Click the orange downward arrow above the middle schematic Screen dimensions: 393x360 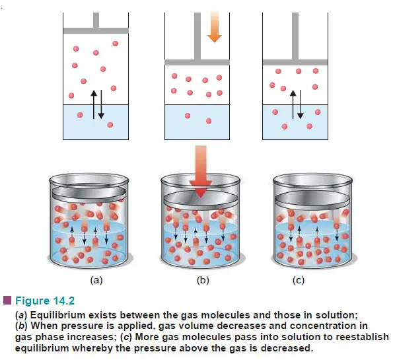214,26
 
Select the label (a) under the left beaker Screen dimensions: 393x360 96,280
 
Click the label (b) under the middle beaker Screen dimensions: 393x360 203,280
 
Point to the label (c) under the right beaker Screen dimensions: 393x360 299,280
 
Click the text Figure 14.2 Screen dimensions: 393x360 45,301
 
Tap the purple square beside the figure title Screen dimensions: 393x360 7,301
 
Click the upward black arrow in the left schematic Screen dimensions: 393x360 94,104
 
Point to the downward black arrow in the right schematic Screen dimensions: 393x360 301,104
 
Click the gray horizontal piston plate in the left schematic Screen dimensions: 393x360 96,30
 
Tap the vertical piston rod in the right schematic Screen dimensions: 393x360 295,36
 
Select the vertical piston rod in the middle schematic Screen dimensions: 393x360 197,36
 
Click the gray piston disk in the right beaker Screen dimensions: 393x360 312,199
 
